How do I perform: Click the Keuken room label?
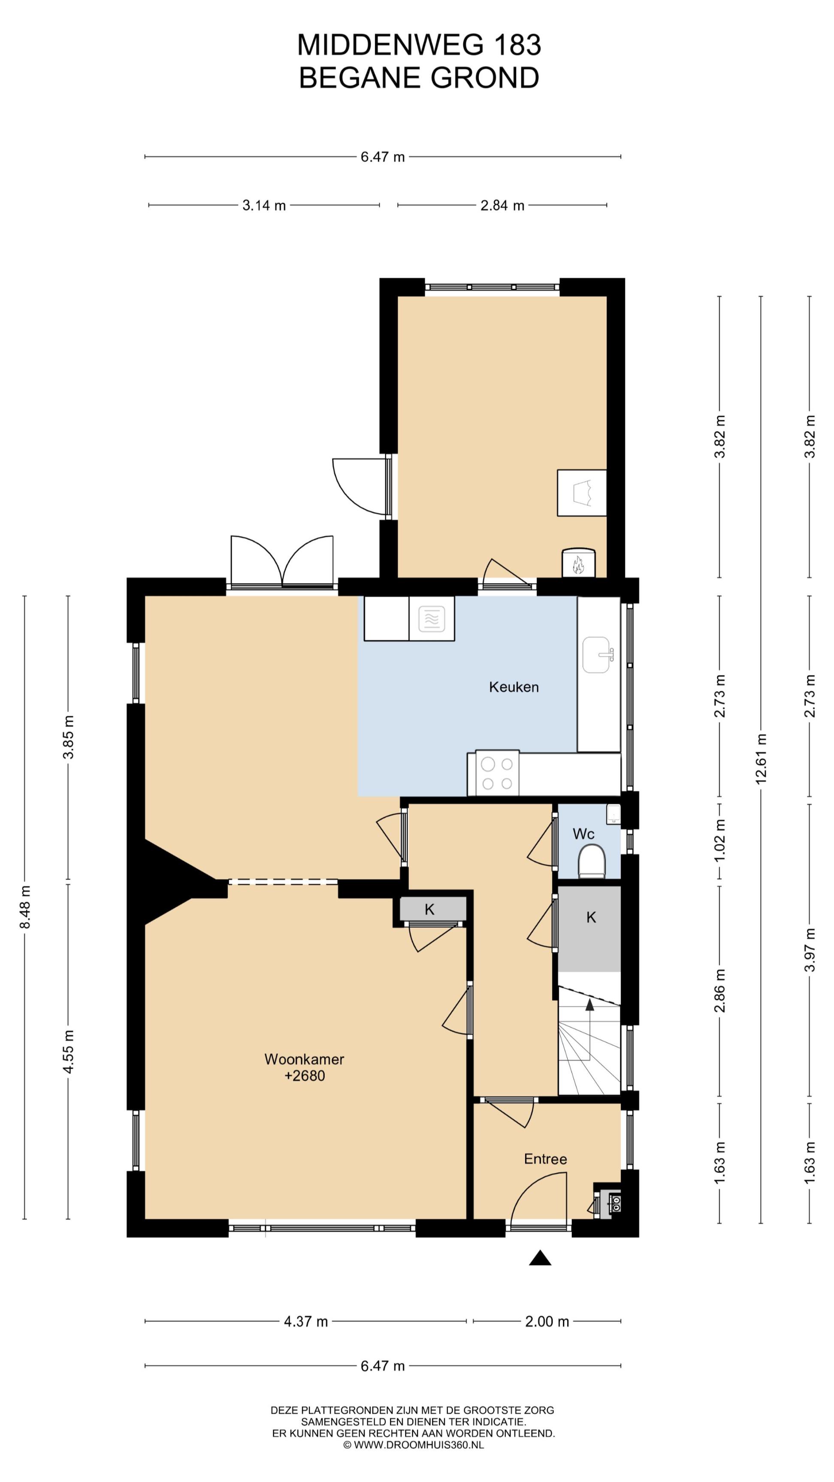click(514, 687)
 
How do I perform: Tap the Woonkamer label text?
click(304, 1059)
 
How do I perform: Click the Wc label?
click(583, 834)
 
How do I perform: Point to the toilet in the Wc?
click(592, 861)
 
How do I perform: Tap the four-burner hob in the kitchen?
click(497, 773)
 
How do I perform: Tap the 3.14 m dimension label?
click(263, 205)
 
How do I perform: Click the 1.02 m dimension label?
click(719, 840)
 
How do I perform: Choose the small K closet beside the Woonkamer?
click(429, 910)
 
